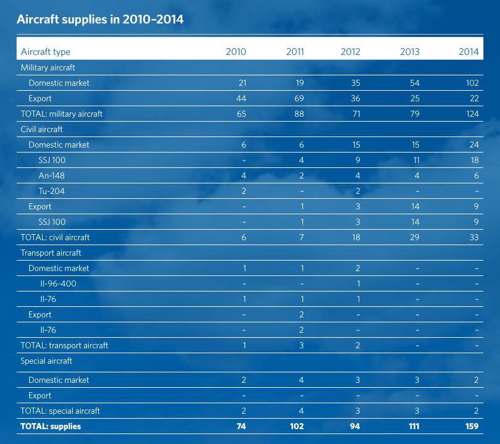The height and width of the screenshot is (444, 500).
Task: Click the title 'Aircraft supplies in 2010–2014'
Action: click(100, 19)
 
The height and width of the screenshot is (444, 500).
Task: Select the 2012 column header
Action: click(350, 52)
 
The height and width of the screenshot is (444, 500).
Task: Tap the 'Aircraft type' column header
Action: click(46, 52)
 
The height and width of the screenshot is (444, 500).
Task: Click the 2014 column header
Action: click(469, 52)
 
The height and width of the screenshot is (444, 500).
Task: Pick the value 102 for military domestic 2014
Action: click(472, 83)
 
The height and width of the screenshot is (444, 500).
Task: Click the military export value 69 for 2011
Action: click(299, 98)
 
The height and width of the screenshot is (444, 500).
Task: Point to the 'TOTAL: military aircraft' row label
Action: click(62, 114)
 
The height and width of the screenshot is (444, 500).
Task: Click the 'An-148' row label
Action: click(51, 175)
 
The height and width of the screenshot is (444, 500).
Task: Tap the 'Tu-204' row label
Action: click(51, 191)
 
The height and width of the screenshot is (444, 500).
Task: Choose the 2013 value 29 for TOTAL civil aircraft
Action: click(414, 237)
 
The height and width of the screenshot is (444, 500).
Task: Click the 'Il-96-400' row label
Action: click(59, 283)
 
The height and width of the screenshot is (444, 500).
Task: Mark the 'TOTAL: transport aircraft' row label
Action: click(64, 345)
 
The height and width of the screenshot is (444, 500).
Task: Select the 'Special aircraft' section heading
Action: click(46, 361)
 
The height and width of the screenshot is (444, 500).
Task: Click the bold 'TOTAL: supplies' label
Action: click(51, 426)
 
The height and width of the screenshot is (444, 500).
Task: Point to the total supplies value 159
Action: click(470, 426)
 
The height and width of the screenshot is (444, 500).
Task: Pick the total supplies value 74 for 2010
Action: click(241, 426)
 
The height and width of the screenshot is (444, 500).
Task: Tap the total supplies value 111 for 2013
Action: click(413, 426)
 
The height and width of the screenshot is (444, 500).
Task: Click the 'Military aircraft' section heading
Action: click(48, 67)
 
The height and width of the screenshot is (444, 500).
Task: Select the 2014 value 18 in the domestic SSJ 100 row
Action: click(473, 160)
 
